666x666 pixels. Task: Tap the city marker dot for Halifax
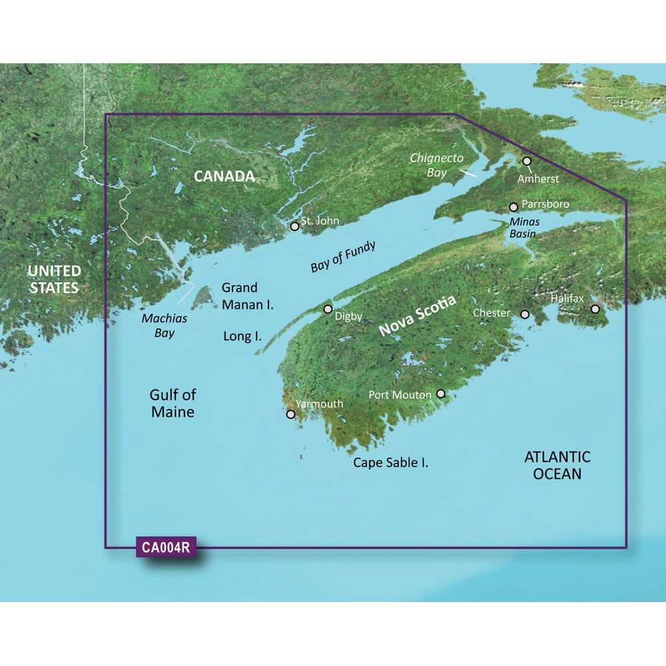(x=595, y=309)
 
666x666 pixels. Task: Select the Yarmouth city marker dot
(x=290, y=414)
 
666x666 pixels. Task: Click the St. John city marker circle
(x=294, y=226)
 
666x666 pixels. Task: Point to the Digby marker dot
(x=328, y=309)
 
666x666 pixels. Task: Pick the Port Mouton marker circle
(x=440, y=394)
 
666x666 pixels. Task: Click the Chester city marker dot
(x=525, y=314)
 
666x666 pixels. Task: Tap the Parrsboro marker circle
(x=513, y=207)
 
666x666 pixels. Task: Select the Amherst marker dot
(x=527, y=161)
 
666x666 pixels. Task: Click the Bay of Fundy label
(x=343, y=256)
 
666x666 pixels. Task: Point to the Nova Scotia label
(x=418, y=316)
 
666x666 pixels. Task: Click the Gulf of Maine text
(x=172, y=403)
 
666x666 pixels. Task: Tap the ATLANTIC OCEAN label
(x=557, y=465)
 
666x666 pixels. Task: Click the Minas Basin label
(x=521, y=228)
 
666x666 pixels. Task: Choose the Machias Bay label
(x=165, y=326)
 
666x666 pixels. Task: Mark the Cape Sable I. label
(x=390, y=462)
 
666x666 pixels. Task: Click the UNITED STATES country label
(x=54, y=279)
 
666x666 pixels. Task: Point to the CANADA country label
(x=224, y=176)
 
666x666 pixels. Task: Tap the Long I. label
(x=242, y=336)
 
